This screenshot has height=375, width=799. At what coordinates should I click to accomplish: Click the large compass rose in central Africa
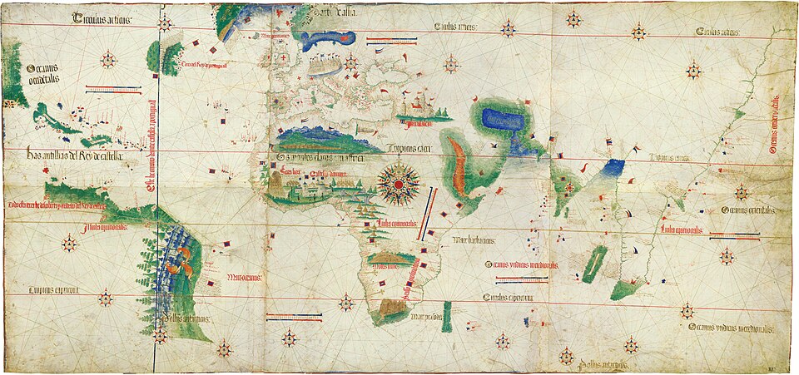[399, 182]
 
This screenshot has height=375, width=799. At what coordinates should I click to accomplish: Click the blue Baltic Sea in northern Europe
[327, 40]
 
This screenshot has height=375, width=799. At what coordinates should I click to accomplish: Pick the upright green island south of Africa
[447, 317]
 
